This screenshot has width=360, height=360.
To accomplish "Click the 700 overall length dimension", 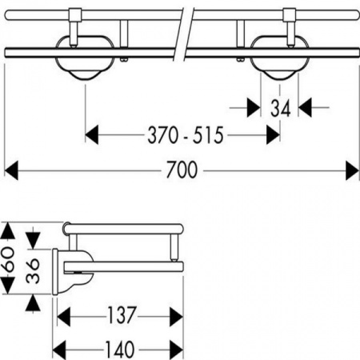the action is point(182,170).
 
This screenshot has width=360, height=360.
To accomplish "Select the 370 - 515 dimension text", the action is point(186,135).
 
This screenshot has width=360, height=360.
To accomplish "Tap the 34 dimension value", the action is point(280,108).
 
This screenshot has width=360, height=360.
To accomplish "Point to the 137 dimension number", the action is point(122,314).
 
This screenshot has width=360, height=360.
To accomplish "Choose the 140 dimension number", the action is point(120,349).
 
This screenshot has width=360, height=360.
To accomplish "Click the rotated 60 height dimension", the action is point(8,259).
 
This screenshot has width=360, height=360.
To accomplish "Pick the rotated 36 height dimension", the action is point(33,270).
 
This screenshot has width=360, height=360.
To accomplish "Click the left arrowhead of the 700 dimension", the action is point(11,170).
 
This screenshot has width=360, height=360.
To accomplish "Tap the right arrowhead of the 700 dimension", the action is point(352,170).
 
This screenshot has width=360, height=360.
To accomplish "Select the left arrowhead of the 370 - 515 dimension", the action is point(92,134).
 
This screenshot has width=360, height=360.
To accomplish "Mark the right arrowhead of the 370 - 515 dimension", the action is point(273,134).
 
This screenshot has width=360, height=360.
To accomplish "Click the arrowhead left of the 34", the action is point(254,107).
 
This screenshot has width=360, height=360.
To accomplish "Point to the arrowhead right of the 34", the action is point(305,107).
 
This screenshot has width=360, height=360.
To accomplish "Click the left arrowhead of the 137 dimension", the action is point(64,317).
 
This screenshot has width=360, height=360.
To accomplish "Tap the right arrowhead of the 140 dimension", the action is point(176,350).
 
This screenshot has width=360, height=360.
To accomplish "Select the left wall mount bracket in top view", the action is point(85,58).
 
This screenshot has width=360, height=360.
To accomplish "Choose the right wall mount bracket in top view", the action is point(280,58).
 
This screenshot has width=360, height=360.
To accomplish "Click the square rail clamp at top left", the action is point(75,15).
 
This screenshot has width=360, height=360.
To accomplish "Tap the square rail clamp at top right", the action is point(290,15).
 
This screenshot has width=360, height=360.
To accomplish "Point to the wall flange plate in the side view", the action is point(55,272).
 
